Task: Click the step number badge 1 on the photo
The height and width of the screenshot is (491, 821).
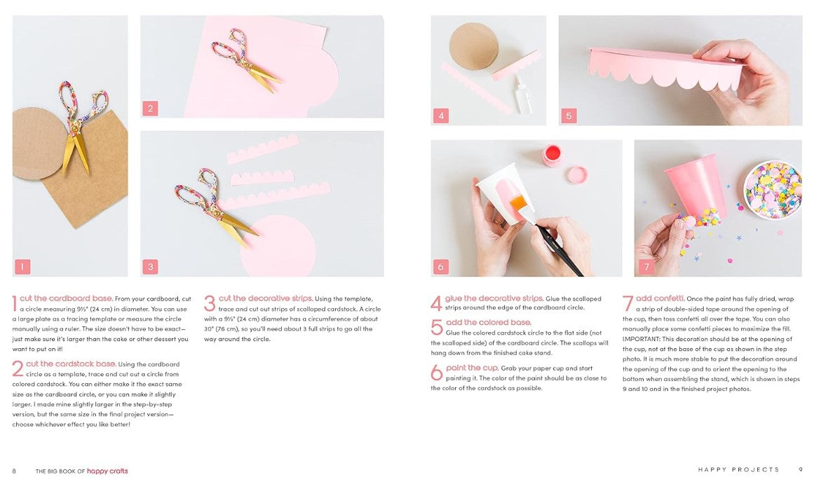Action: click(x=22, y=267)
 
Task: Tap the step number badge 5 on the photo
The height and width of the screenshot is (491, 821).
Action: click(x=569, y=116)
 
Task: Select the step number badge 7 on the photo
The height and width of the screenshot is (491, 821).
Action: click(x=646, y=267)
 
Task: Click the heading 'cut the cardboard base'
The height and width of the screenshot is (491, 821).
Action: click(x=66, y=298)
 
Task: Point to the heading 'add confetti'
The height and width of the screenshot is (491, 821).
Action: click(x=660, y=298)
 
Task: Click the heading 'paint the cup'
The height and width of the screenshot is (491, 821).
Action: click(x=472, y=368)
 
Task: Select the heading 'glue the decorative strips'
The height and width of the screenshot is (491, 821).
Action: click(x=494, y=298)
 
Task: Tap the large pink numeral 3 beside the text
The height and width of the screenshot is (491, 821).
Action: click(x=210, y=303)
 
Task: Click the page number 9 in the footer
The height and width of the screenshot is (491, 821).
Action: click(x=801, y=469)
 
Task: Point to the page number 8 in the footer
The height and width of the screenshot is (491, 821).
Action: click(x=14, y=471)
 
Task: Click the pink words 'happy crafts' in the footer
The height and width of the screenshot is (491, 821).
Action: click(x=107, y=471)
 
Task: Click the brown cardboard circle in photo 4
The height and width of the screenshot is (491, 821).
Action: click(x=474, y=46)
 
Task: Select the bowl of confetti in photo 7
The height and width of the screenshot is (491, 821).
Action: click(x=773, y=189)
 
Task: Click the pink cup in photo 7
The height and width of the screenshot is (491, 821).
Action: click(x=696, y=186)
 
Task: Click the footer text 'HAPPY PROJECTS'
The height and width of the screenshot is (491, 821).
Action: click(x=738, y=469)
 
